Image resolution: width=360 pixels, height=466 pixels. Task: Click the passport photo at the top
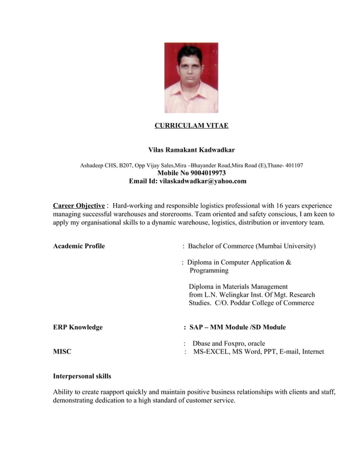[191, 78]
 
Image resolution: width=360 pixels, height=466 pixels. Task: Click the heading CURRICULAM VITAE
[191, 125]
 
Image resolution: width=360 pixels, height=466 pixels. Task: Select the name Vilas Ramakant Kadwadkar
[191, 150]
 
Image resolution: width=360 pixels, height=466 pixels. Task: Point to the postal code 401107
[292, 165]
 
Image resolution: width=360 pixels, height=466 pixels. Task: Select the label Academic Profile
[78, 247]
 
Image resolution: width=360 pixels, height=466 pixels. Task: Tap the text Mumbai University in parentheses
[286, 247]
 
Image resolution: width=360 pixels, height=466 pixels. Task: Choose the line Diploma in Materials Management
[238, 287]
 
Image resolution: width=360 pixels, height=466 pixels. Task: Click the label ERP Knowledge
[77, 327]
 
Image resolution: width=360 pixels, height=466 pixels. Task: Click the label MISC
[62, 352]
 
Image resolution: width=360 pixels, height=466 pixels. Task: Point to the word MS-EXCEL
[212, 352]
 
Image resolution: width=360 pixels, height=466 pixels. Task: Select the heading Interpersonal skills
[82, 376]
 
